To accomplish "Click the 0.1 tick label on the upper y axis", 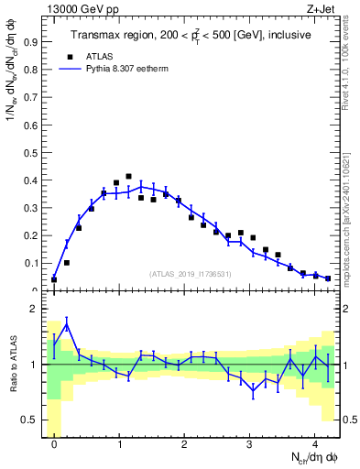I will pyautogui.click(x=29, y=263).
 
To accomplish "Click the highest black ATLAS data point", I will pyautogui.click(x=128, y=176).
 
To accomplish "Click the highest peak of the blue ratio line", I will pyautogui.click(x=67, y=324).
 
